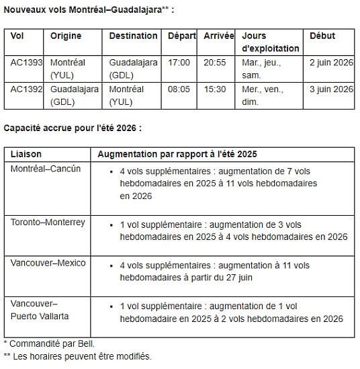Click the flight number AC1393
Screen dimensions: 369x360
[x=27, y=63]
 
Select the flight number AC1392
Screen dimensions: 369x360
[x=27, y=88]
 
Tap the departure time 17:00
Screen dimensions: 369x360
[x=178, y=63]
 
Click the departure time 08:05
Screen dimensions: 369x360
[x=178, y=88]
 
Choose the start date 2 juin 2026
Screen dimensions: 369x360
[x=331, y=63]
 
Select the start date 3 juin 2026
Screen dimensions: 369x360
[x=331, y=88]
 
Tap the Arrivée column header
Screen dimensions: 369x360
[x=219, y=36]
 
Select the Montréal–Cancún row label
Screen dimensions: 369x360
[x=46, y=169]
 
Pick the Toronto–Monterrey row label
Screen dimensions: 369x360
[x=48, y=222]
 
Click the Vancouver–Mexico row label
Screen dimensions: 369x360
[x=48, y=263]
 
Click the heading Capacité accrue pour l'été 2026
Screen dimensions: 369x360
[x=73, y=128]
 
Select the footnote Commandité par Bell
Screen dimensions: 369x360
[x=45, y=344]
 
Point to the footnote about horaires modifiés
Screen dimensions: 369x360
[x=77, y=356]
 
